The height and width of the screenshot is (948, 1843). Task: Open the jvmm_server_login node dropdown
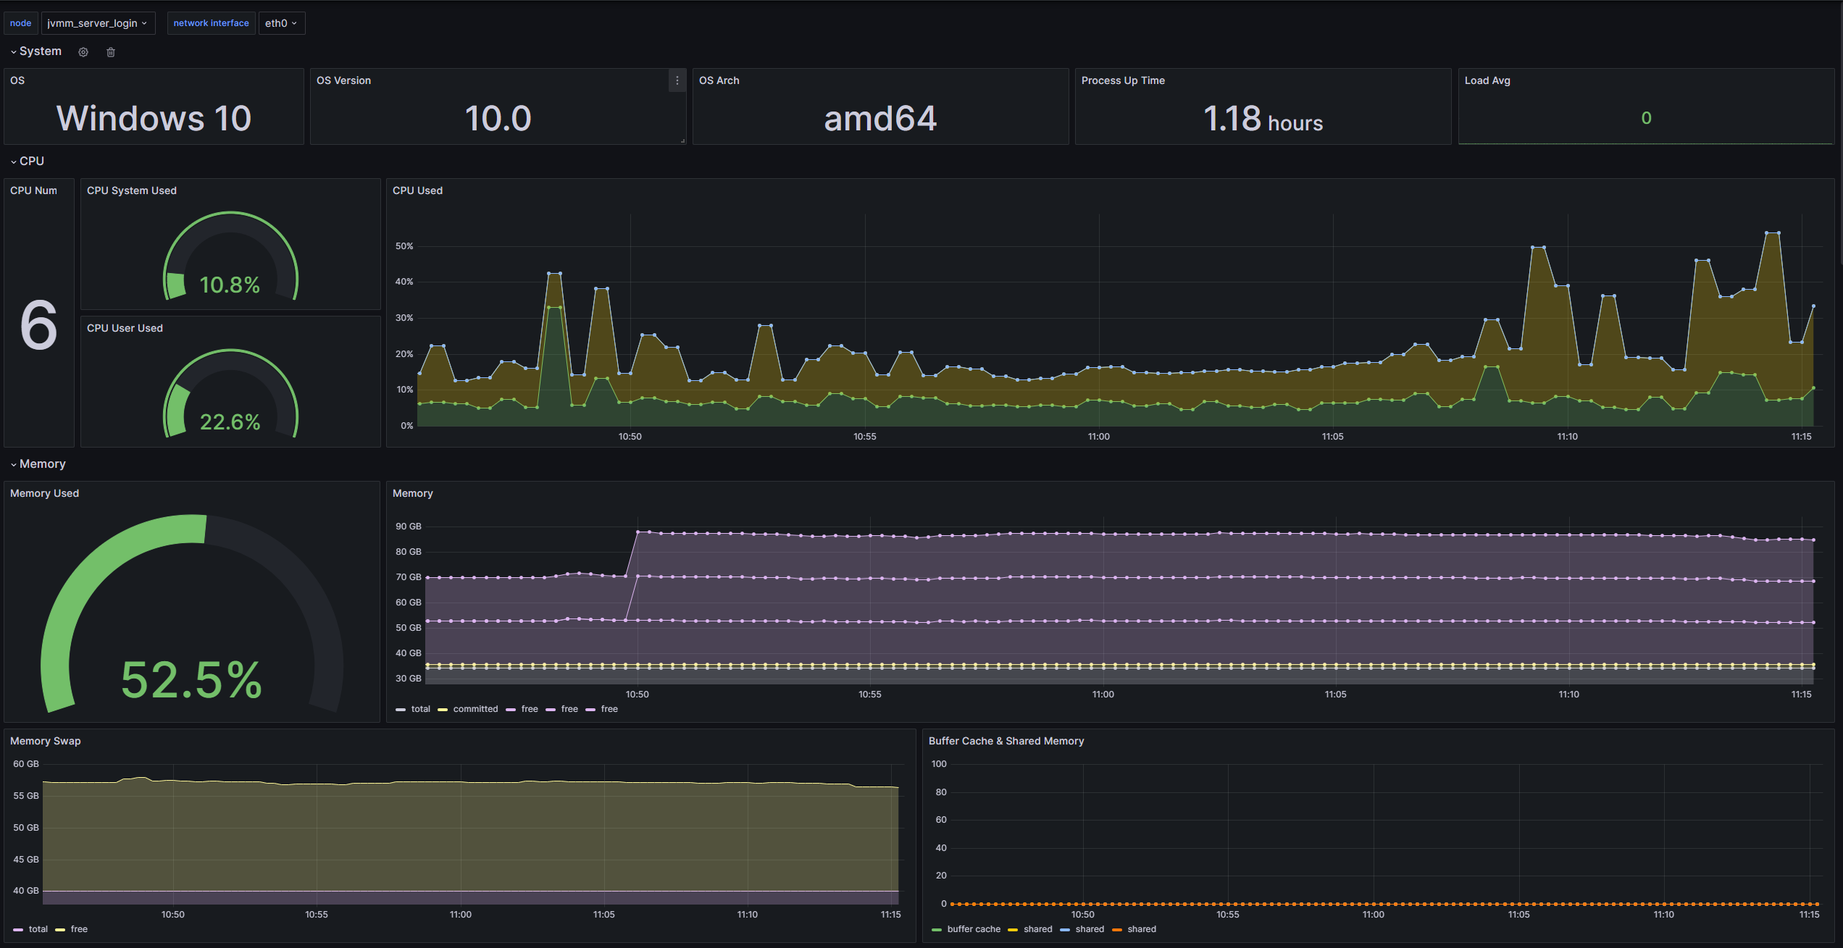point(97,23)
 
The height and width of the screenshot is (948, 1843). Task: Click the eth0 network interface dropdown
point(281,23)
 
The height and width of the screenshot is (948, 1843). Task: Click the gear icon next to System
point(83,52)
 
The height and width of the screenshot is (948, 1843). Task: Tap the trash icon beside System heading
point(111,52)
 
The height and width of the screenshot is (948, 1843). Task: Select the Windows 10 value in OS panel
point(154,118)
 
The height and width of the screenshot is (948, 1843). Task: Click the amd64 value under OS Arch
point(880,118)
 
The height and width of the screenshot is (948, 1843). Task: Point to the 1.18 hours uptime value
point(1263,119)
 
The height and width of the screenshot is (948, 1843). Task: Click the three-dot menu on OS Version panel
point(677,80)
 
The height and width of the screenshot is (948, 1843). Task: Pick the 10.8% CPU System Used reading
point(230,285)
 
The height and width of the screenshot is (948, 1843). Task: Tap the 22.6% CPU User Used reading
point(230,421)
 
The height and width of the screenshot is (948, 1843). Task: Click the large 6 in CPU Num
point(38,325)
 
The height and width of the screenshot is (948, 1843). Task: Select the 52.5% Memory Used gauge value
point(191,679)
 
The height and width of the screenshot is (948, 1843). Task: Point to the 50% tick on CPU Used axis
point(404,246)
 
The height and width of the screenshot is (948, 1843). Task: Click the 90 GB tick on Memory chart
point(408,527)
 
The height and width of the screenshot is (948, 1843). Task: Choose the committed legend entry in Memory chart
point(475,709)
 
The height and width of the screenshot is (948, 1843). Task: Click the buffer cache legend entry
point(973,929)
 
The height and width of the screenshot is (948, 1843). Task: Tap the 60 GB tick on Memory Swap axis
point(26,764)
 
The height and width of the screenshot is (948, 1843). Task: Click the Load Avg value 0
point(1646,118)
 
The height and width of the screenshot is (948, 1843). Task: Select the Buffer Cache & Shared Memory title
point(1006,741)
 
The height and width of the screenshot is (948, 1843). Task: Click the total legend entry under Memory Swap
point(38,929)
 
